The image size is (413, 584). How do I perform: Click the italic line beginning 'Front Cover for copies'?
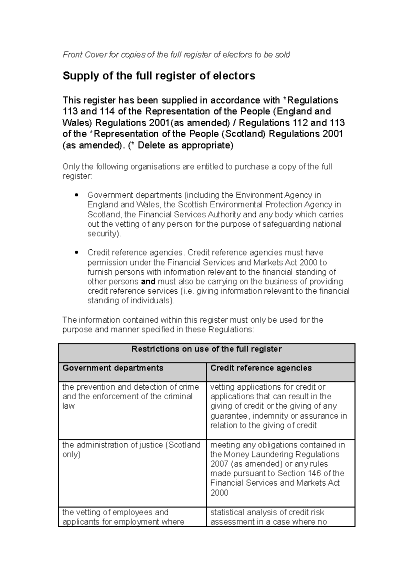click(x=176, y=55)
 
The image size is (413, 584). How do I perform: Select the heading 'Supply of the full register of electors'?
click(x=159, y=76)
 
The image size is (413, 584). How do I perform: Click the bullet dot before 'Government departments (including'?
click(x=77, y=195)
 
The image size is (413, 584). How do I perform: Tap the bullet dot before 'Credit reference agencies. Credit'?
click(x=77, y=252)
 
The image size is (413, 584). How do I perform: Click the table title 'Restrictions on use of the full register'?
click(x=206, y=349)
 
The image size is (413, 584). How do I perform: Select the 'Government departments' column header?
click(x=113, y=368)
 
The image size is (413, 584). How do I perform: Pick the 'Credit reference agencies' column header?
click(x=261, y=368)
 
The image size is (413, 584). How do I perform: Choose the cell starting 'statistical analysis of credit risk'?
click(x=268, y=517)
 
